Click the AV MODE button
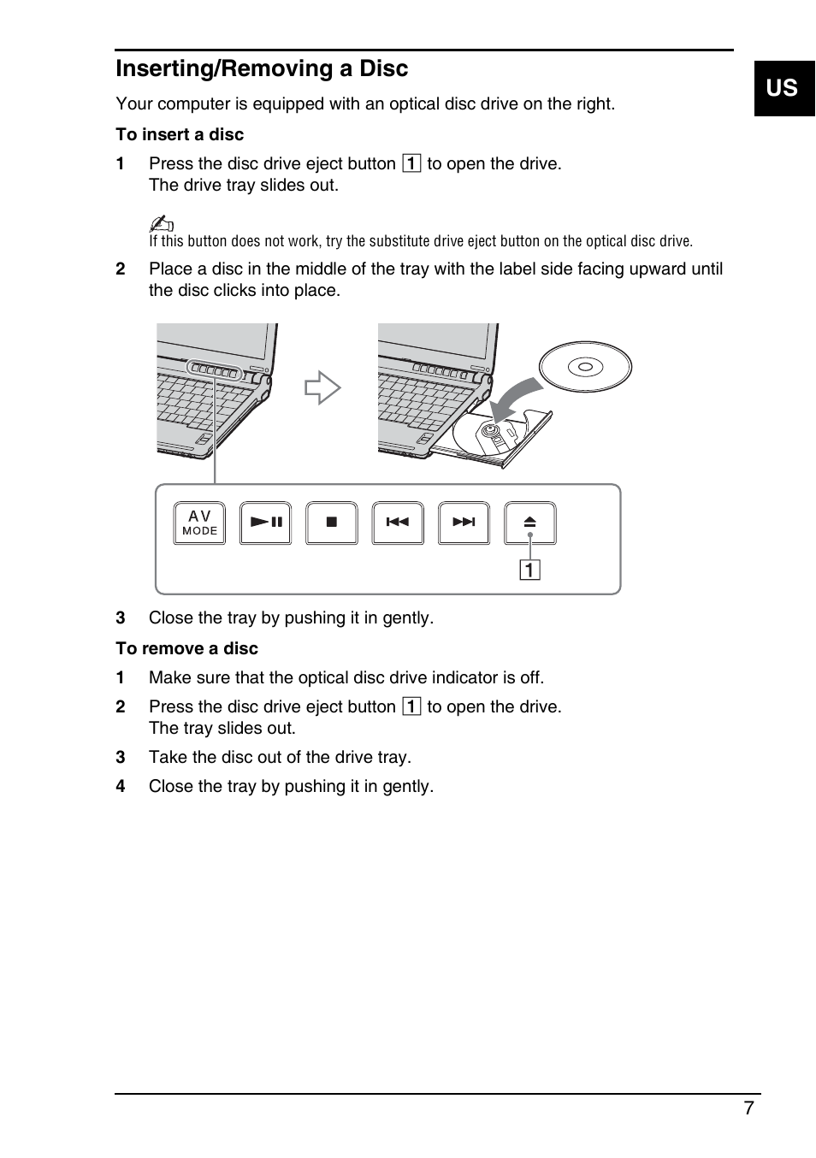(x=199, y=523)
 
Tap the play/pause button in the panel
(x=265, y=523)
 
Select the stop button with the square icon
(x=332, y=523)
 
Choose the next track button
(x=464, y=523)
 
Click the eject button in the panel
(x=529, y=523)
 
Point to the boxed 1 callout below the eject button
(x=530, y=570)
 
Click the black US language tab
(x=783, y=88)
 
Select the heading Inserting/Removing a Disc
(x=262, y=68)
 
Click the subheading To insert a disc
(x=180, y=134)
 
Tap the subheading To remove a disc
(x=186, y=648)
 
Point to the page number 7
(x=748, y=1108)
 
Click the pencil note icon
(x=161, y=223)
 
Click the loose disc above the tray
(x=585, y=367)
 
